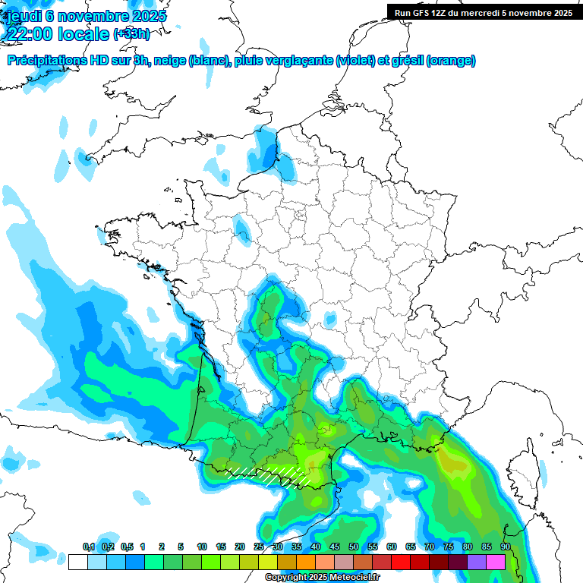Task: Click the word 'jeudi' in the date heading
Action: tap(23, 16)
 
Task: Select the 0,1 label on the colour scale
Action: tap(89, 547)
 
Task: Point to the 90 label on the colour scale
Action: tap(505, 547)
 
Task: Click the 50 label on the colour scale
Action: tap(354, 547)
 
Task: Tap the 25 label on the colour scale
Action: tap(259, 547)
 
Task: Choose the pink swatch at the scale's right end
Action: tap(496, 562)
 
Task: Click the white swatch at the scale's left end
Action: tap(77, 562)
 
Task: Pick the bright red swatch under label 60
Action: tap(401, 562)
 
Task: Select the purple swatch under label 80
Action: tap(477, 562)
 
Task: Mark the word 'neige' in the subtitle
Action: tap(172, 61)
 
